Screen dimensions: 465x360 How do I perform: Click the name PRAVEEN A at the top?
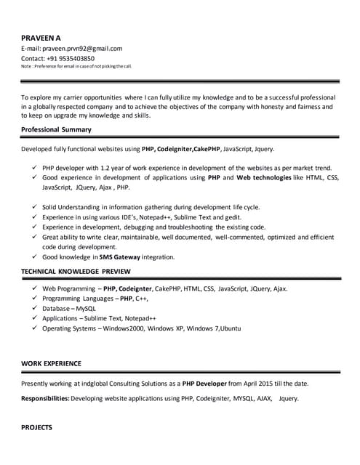[x=40, y=37]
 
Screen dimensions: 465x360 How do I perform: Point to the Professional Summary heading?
[x=56, y=129]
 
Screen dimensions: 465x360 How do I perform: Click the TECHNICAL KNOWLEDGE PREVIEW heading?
[x=76, y=271]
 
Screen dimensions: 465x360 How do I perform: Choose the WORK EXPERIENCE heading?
[x=51, y=363]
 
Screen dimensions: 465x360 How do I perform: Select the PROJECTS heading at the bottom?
[x=36, y=428]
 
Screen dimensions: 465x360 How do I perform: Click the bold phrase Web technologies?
[x=263, y=177]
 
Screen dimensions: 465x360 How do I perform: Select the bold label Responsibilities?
[x=45, y=399]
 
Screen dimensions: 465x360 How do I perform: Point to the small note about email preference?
[x=76, y=66]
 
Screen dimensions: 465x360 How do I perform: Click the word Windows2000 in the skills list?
[x=124, y=328]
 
